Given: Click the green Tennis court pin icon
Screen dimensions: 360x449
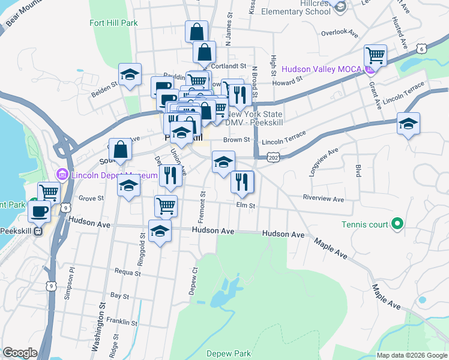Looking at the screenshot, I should tap(397, 224).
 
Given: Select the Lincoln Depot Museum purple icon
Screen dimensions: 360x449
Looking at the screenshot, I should tap(61, 175).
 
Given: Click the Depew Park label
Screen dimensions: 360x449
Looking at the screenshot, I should tap(228, 353).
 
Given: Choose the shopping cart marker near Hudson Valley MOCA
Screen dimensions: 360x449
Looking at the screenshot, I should tap(375, 56).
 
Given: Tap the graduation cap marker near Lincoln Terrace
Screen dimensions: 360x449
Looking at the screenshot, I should tap(408, 125).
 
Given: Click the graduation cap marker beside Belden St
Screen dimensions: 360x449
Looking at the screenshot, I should tap(130, 75).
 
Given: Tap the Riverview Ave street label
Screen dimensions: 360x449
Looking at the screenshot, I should tap(324, 199).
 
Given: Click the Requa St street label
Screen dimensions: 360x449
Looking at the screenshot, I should tap(127, 272).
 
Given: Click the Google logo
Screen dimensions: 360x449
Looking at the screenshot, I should tap(20, 353).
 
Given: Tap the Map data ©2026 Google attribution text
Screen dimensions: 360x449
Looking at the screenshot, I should tap(412, 355).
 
